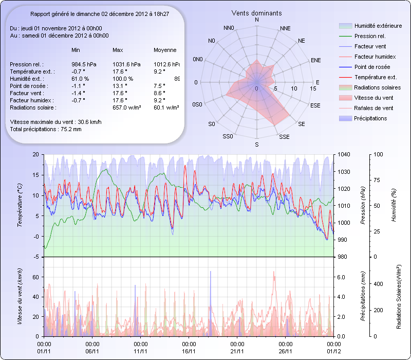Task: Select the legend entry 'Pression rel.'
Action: click(370, 36)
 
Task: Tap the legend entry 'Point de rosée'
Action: click(372, 67)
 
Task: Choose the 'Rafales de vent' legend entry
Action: click(373, 108)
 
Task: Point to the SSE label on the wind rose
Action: click(284, 137)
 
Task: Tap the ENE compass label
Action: click(315, 60)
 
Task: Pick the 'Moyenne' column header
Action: click(165, 50)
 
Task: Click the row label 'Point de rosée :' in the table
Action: click(29, 86)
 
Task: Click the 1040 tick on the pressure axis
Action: click(344, 154)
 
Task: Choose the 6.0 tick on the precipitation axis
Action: click(342, 277)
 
